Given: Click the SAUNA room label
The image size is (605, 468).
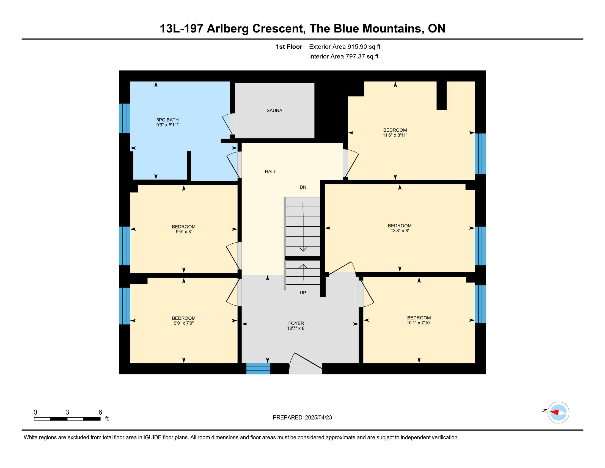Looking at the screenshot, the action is [274, 110].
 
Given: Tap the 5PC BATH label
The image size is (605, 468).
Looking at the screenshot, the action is [167, 120].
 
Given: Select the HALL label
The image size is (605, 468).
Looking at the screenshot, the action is [270, 171].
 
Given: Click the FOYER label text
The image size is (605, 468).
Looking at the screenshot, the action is [296, 323].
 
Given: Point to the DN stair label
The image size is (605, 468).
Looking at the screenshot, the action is [303, 187].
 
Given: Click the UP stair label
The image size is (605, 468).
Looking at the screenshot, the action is [303, 292].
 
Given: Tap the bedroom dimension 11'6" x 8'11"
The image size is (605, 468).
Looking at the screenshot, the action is [395, 135].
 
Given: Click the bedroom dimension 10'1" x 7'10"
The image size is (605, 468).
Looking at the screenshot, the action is [419, 323].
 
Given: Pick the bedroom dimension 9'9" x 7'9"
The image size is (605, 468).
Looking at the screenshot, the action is [184, 323].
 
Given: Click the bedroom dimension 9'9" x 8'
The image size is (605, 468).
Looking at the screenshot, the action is [184, 232].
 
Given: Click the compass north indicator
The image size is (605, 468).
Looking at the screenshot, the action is [544, 411].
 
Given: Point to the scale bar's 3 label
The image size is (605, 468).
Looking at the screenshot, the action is [67, 412].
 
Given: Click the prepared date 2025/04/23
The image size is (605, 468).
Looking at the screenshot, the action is [318, 418].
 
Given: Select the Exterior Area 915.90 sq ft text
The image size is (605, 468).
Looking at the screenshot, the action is [345, 47].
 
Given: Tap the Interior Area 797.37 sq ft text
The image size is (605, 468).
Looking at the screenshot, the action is [344, 56].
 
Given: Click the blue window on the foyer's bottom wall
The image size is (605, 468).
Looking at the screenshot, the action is [258, 369].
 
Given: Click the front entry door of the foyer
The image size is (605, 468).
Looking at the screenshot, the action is [305, 369].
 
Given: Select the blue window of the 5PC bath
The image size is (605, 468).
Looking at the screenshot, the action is [124, 118].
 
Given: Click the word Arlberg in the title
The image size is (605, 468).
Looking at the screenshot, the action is [228, 29].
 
